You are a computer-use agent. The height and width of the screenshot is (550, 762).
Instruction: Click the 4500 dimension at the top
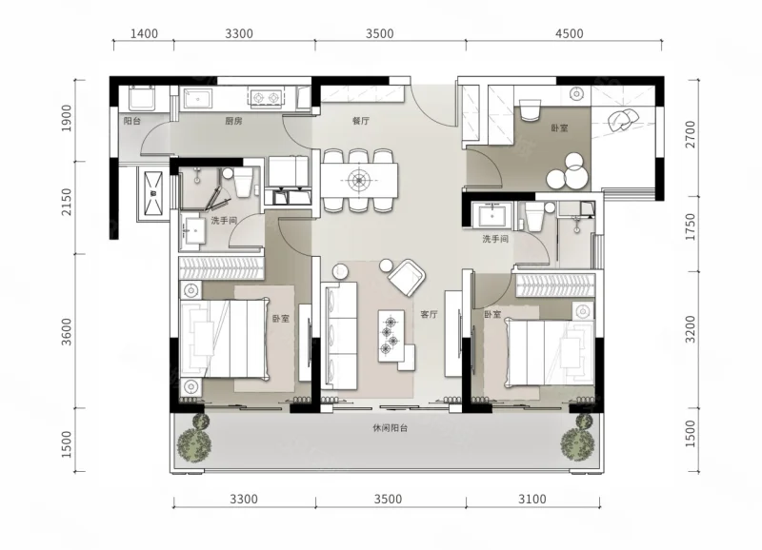(569, 33)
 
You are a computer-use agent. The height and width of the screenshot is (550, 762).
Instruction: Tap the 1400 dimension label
(145, 33)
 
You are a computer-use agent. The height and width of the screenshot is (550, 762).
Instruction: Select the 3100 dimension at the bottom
(532, 499)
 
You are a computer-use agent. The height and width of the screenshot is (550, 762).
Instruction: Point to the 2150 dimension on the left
(67, 202)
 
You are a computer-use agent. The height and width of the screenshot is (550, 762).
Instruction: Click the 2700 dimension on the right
(690, 134)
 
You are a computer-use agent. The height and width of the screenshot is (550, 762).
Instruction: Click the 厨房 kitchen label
(233, 121)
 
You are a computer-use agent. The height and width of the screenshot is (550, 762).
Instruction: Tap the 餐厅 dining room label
(361, 121)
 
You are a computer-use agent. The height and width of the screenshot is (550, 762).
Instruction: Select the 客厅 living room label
(430, 314)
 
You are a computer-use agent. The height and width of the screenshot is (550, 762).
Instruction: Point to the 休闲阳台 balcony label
(391, 428)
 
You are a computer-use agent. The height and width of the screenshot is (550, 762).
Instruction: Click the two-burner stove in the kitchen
(266, 98)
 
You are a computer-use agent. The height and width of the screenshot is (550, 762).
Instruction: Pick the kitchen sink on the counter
(197, 98)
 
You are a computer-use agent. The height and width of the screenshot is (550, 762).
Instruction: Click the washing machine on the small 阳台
(142, 98)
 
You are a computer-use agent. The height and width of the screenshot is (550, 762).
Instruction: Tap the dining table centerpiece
(359, 181)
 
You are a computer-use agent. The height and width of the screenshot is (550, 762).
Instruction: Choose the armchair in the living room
(408, 277)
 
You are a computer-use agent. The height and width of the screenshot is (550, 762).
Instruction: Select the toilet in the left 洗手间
(243, 182)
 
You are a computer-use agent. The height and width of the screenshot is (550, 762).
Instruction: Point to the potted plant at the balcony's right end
(579, 440)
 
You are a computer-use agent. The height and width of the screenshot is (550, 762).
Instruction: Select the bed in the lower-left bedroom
(224, 339)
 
